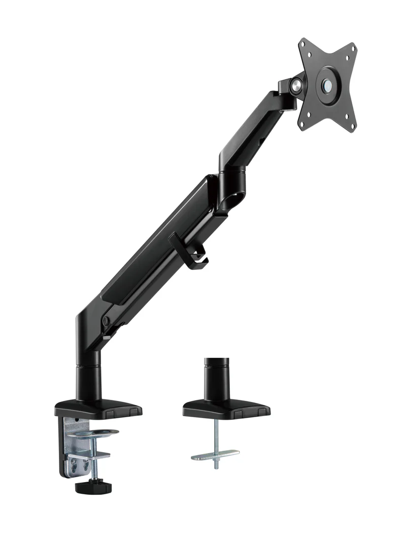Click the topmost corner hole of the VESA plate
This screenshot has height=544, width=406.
(303, 45)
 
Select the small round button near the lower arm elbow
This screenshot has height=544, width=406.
(107, 321)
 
